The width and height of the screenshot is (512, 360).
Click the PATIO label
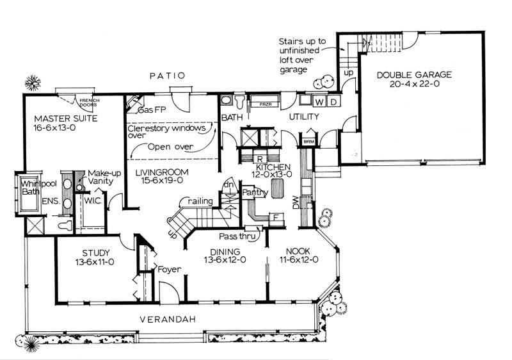pos(167,76)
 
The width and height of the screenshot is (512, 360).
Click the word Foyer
pos(170,269)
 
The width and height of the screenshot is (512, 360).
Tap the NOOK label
pos(298,252)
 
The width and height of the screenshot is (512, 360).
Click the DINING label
pos(223,252)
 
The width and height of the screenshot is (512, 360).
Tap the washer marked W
pos(320,102)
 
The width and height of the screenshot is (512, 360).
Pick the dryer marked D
pos(333,102)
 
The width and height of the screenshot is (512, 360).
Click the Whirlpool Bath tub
pos(24,194)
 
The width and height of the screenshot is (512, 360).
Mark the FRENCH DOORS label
pos(84,102)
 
